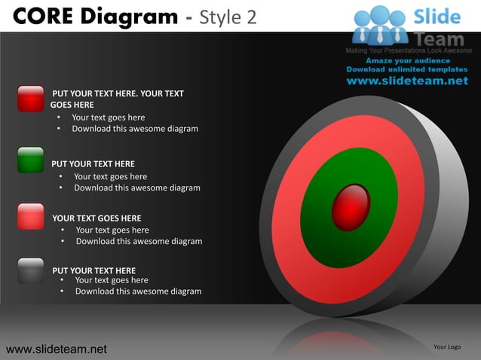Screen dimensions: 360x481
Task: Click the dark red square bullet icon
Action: (31, 99)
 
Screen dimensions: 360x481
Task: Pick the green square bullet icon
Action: (31, 160)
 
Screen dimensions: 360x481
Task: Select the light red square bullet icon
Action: (31, 215)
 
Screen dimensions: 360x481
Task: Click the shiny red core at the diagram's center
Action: (351, 205)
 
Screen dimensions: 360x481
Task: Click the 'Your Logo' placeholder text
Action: (447, 346)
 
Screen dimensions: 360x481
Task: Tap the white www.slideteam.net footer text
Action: (57, 349)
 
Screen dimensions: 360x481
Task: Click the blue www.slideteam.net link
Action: (407, 81)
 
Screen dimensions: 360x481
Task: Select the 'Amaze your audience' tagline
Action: (408, 60)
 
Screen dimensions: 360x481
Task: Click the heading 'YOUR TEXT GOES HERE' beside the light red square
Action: (97, 218)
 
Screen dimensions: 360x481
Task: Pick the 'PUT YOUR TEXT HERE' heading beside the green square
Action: (93, 163)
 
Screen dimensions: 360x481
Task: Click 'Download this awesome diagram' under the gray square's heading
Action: (138, 291)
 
